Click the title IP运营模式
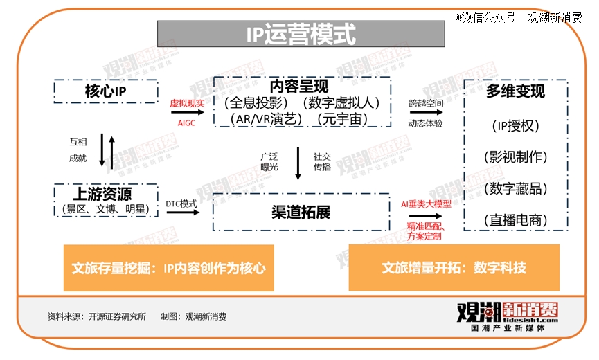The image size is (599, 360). (301, 34)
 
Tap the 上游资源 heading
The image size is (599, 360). (102, 194)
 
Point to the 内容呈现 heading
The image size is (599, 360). (299, 87)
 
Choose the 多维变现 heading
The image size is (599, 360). (515, 91)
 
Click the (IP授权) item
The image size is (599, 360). (515, 125)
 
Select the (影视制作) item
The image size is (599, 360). (515, 157)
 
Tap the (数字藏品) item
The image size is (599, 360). (515, 188)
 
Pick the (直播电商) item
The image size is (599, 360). (515, 220)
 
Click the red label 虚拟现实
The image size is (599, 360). (187, 103)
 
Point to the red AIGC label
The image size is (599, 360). (186, 123)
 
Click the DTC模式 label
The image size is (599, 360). (181, 204)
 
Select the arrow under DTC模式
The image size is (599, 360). (183, 213)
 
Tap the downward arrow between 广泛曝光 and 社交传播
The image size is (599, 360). (298, 163)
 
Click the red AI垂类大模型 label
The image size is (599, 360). (426, 205)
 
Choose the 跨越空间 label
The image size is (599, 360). (426, 103)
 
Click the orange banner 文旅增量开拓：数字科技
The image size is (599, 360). (454, 268)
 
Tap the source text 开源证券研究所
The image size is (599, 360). (117, 316)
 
